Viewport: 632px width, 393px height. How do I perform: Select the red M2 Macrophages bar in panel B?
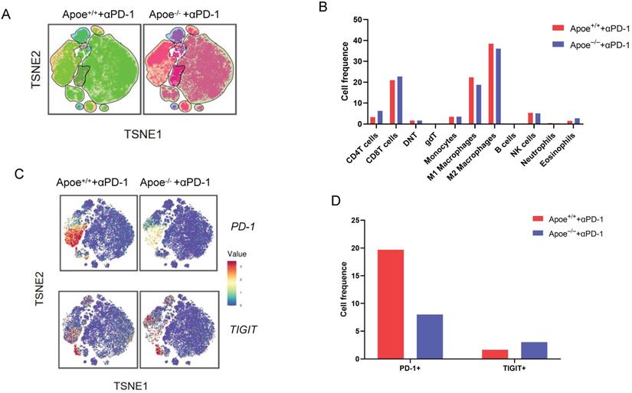(x=491, y=84)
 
